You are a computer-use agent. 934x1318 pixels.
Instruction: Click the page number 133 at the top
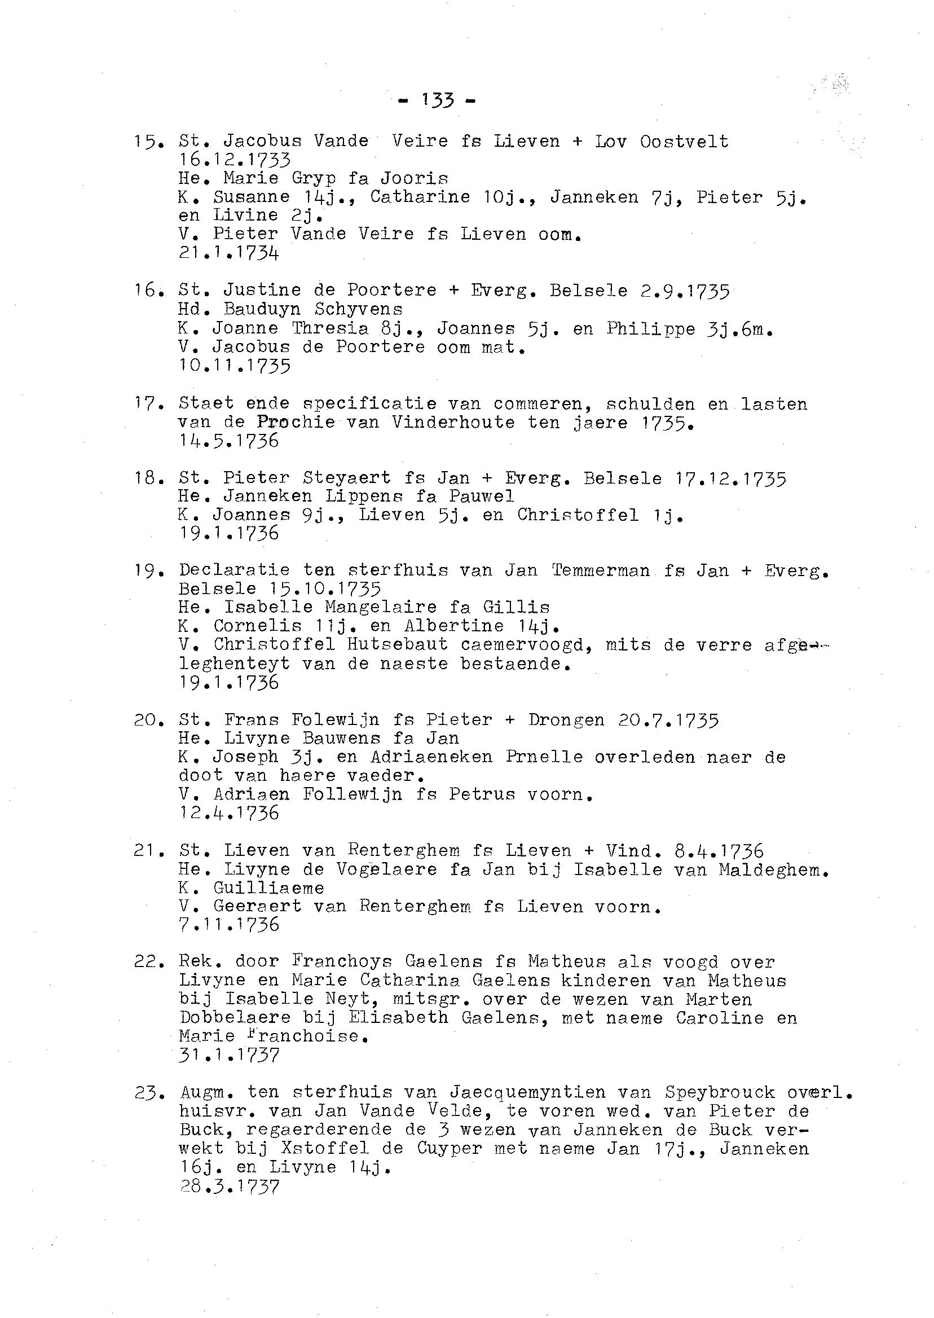[x=438, y=100]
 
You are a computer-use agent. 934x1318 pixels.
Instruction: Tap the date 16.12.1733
[x=235, y=159]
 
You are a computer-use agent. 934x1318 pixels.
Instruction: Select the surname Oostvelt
[x=684, y=142]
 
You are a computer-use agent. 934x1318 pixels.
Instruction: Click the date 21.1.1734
[x=229, y=253]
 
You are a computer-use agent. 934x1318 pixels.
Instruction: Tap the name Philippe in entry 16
[x=650, y=329]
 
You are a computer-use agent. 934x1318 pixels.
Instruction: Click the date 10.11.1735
[x=235, y=366]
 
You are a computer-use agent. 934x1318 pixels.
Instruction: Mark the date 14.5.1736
[x=229, y=441]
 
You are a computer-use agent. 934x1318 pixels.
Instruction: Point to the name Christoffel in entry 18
[x=578, y=515]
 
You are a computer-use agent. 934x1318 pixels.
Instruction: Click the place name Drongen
[x=566, y=720]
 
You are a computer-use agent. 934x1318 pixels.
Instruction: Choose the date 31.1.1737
[x=229, y=1056]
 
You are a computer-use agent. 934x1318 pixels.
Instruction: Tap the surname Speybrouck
[x=712, y=1092]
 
